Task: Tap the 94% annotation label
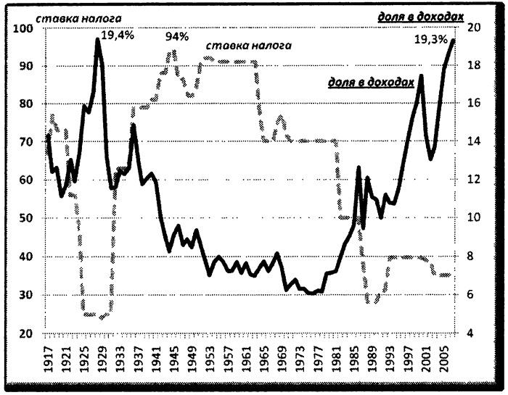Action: coord(177,36)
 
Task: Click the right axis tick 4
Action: coord(470,334)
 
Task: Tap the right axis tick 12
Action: coord(472,180)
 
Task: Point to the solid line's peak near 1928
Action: coord(98,39)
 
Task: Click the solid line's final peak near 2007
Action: coord(454,40)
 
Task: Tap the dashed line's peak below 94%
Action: coord(173,51)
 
